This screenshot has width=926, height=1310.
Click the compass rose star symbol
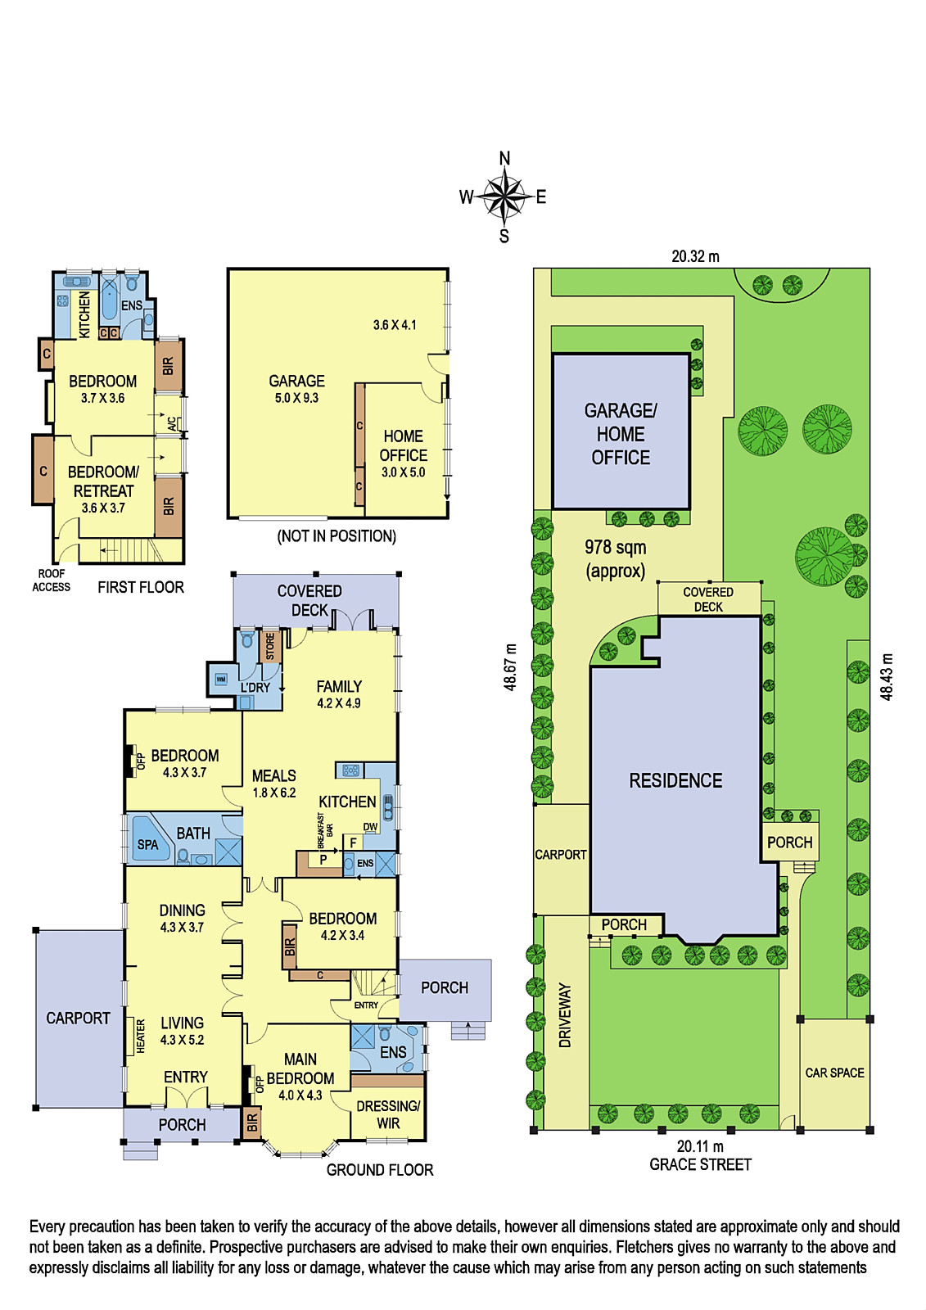click(504, 196)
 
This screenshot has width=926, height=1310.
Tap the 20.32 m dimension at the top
click(695, 256)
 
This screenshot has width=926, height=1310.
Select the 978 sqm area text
click(616, 548)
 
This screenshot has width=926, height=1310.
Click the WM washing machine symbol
click(220, 679)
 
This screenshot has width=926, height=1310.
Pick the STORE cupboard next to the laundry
click(270, 647)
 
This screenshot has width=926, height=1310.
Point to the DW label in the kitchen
click(370, 827)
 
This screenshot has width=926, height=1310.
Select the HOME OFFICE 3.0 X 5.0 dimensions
click(403, 472)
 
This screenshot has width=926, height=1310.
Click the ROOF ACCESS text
click(52, 580)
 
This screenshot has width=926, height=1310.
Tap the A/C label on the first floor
click(172, 422)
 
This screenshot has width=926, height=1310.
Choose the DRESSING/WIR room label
click(388, 1114)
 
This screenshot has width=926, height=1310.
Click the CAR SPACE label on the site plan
click(834, 1073)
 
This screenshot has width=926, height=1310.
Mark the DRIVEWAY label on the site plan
click(564, 1014)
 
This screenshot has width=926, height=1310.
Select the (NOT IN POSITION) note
click(337, 536)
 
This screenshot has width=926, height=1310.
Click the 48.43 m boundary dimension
click(887, 676)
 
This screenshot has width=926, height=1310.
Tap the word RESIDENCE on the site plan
click(675, 780)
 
